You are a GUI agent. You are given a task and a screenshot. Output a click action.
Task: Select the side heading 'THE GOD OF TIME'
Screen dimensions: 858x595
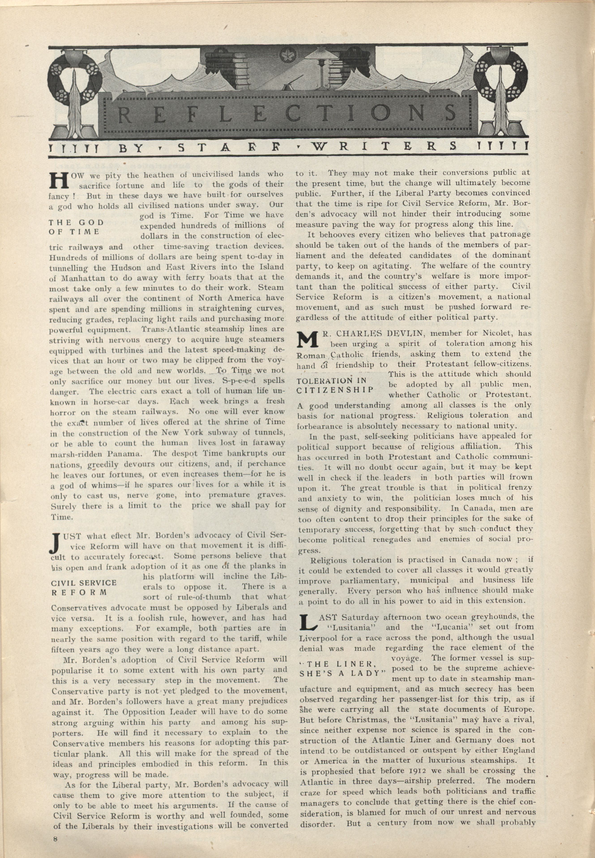76,227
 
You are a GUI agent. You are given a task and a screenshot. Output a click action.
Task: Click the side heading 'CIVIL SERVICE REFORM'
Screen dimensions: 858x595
83,587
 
